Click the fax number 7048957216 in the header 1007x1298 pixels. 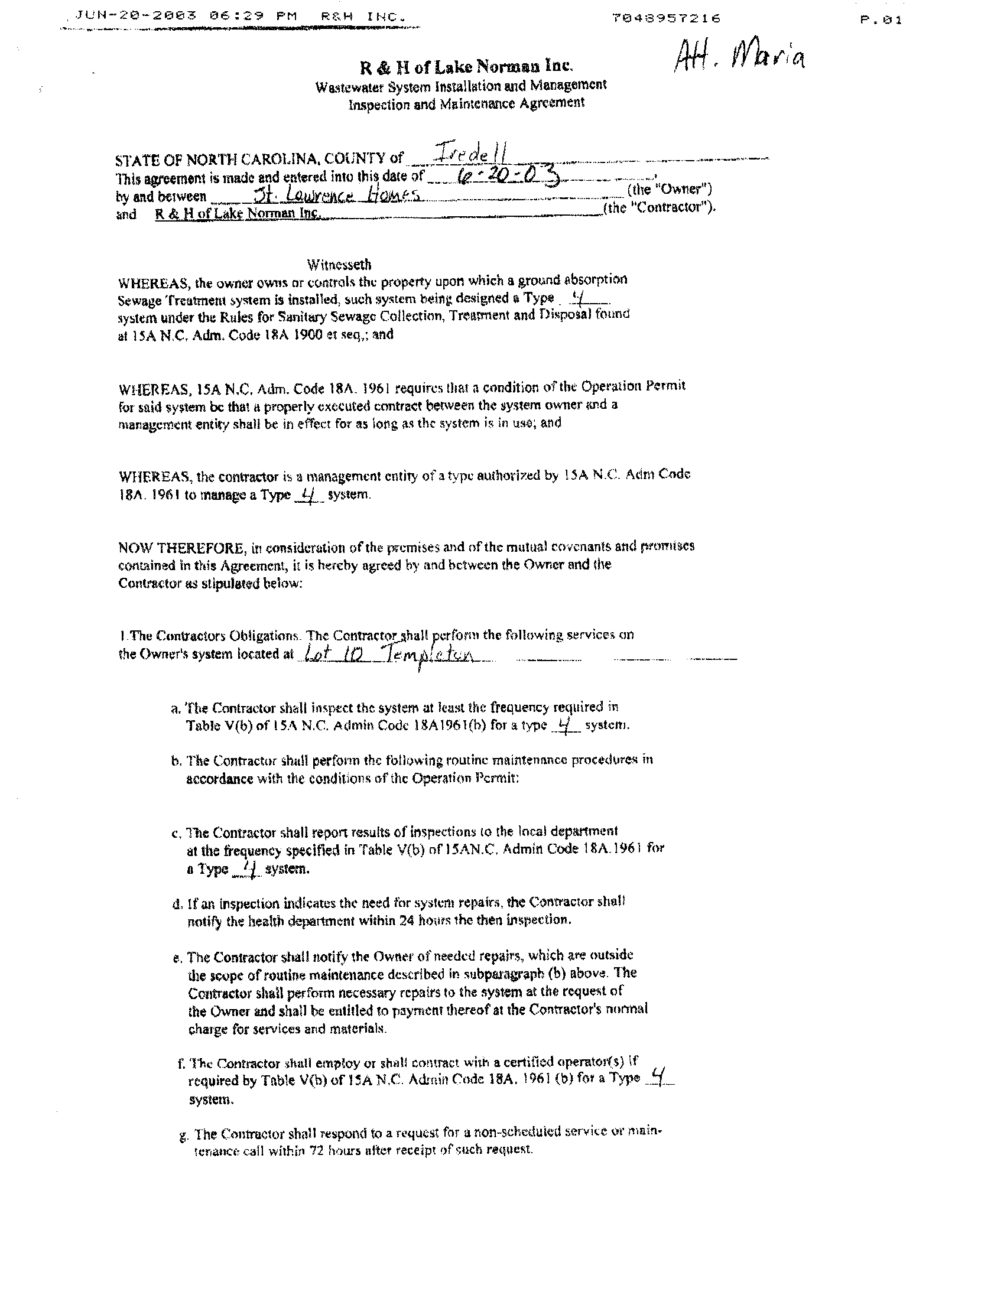pyautogui.click(x=667, y=18)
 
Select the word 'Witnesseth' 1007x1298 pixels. pyautogui.click(x=339, y=264)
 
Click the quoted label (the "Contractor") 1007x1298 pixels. pyautogui.click(x=660, y=208)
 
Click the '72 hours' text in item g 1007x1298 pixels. pyautogui.click(x=335, y=1151)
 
